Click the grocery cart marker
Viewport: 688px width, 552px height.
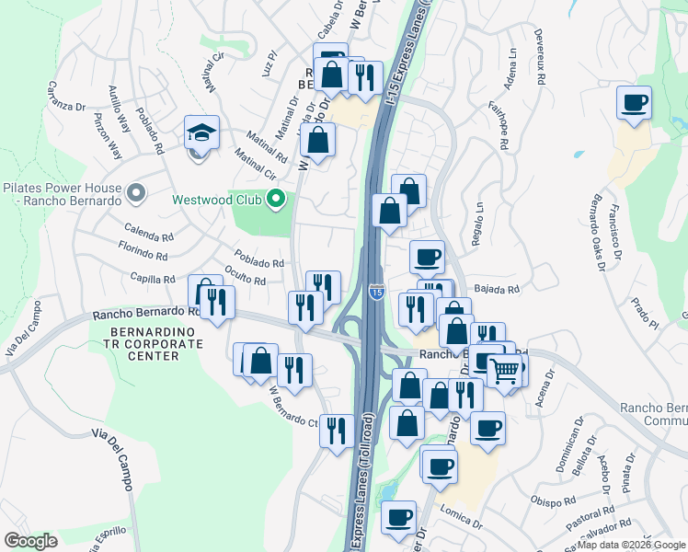pyautogui.click(x=505, y=371)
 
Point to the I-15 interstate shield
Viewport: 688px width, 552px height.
pyautogui.click(x=377, y=292)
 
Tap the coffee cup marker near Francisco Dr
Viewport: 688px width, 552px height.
pyautogui.click(x=633, y=103)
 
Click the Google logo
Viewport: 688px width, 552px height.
pyautogui.click(x=31, y=541)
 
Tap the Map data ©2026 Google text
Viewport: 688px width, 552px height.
pyautogui.click(x=631, y=545)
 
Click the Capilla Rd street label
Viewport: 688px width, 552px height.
pyautogui.click(x=153, y=279)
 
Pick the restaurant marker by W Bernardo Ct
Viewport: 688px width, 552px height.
pyautogui.click(x=337, y=429)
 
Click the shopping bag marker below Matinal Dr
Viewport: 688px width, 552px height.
pyautogui.click(x=317, y=141)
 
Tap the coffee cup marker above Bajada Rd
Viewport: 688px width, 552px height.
pyautogui.click(x=426, y=258)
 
